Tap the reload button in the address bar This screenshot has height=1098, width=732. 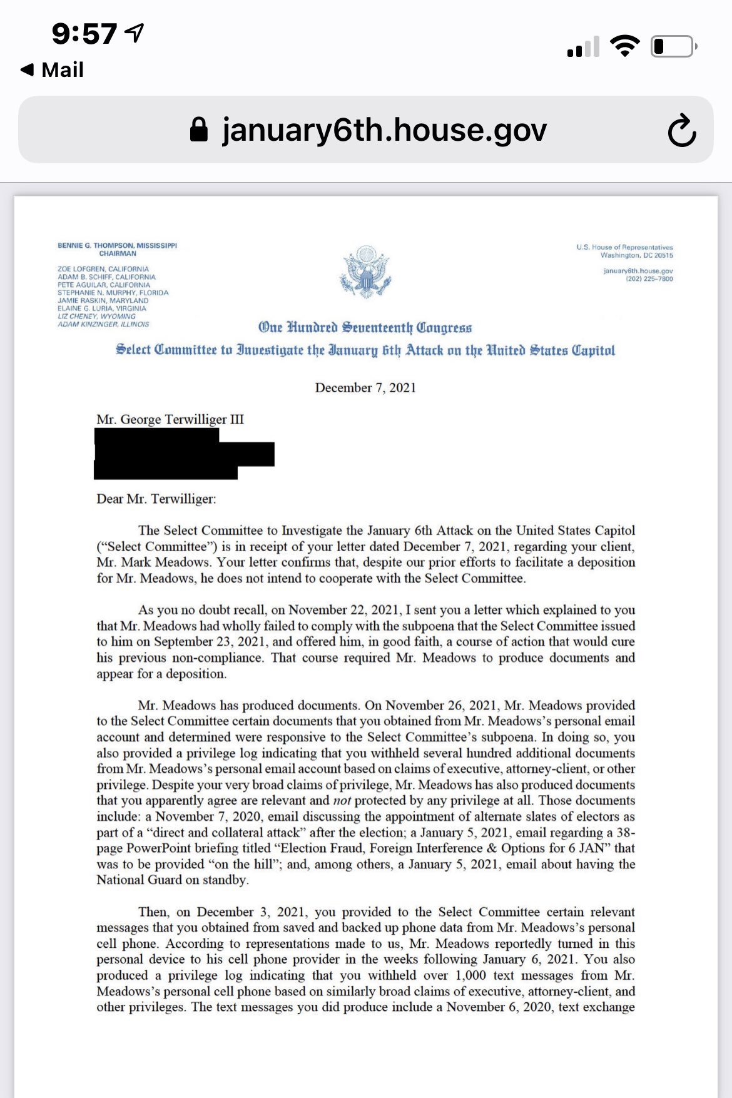[x=681, y=131]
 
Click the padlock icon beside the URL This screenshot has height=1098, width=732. [x=199, y=130]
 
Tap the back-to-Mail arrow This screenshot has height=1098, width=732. [x=27, y=69]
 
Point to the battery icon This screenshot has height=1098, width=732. [x=673, y=47]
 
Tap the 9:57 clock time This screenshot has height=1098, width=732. [x=84, y=34]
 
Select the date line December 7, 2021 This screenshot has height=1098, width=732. [x=365, y=388]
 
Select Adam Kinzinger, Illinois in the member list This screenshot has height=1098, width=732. [x=103, y=325]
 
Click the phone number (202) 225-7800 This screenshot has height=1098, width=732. [x=649, y=279]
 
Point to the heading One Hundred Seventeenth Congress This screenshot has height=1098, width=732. [x=365, y=328]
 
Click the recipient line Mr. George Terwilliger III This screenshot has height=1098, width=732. [x=170, y=419]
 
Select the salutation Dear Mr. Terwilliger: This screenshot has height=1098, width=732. [x=156, y=499]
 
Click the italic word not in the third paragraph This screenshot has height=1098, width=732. [x=342, y=801]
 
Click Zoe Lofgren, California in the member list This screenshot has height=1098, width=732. [x=103, y=269]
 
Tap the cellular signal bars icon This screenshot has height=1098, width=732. [x=583, y=47]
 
